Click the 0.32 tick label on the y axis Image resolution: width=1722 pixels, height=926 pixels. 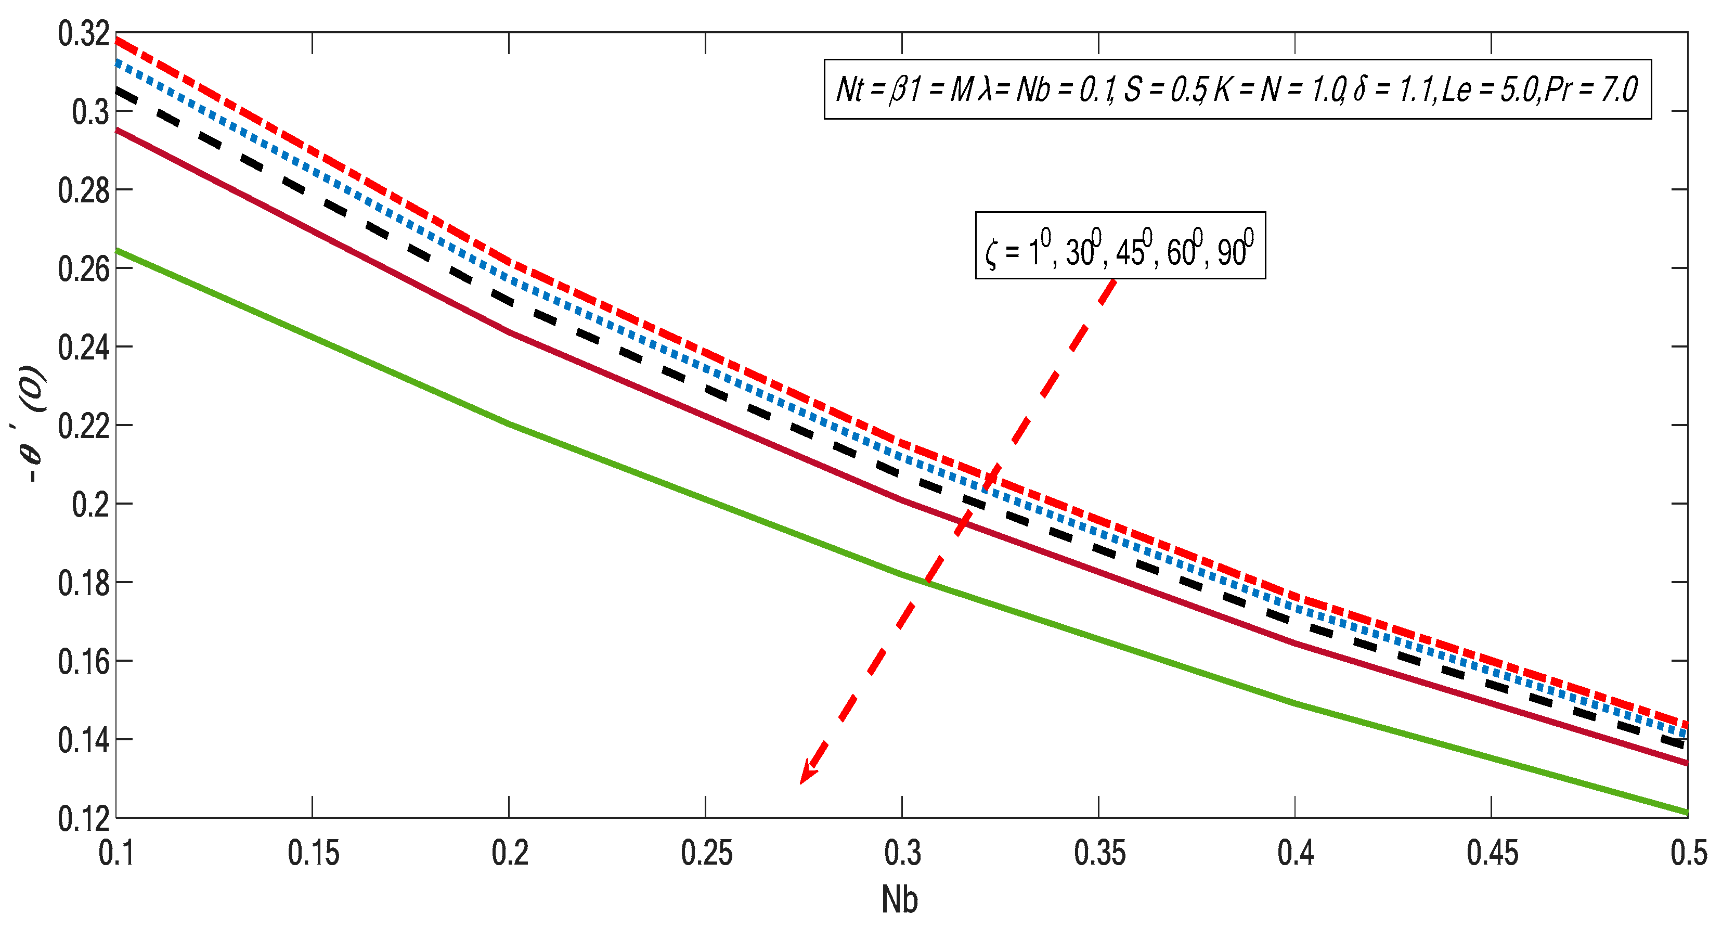pyautogui.click(x=84, y=33)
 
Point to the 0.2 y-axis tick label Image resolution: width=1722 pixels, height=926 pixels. pyautogui.click(x=90, y=505)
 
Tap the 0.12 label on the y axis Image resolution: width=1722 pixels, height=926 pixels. pyautogui.click(x=84, y=818)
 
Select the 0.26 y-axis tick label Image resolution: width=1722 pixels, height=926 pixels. pyautogui.click(x=84, y=269)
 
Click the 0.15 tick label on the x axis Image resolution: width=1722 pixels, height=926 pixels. pyautogui.click(x=313, y=853)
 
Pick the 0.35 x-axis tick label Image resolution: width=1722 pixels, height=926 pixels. pyautogui.click(x=1099, y=853)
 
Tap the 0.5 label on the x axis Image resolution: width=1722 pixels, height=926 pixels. pyautogui.click(x=1689, y=853)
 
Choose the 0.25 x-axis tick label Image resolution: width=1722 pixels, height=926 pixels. pyautogui.click(x=706, y=853)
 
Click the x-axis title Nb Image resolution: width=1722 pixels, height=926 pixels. pyautogui.click(x=900, y=899)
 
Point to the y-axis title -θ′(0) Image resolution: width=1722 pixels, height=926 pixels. pyautogui.click(x=32, y=425)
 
